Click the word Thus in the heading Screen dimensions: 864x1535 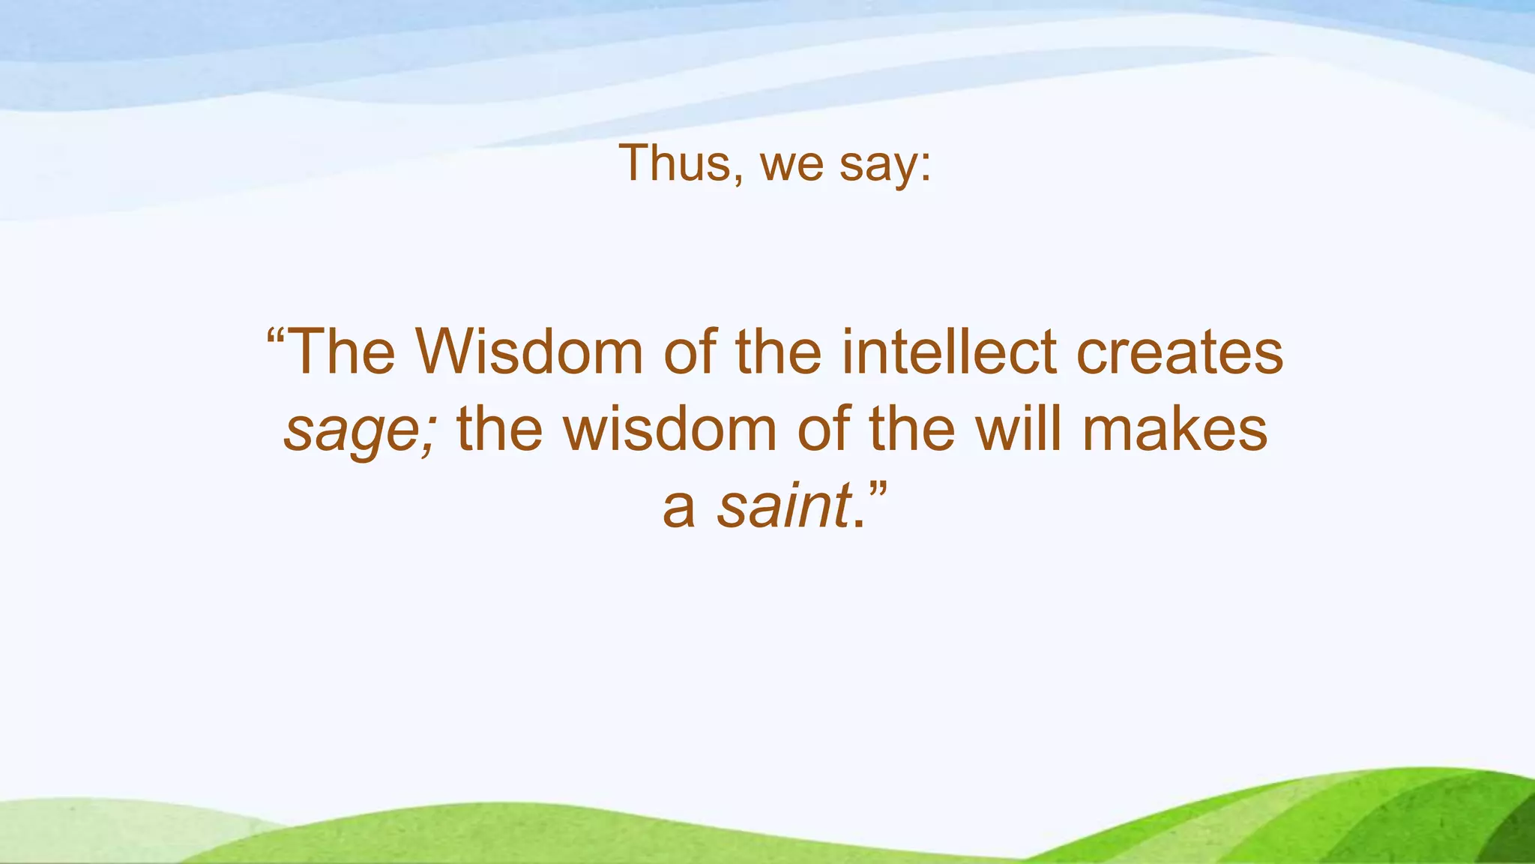coord(674,162)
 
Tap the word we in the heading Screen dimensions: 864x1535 coord(792,166)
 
